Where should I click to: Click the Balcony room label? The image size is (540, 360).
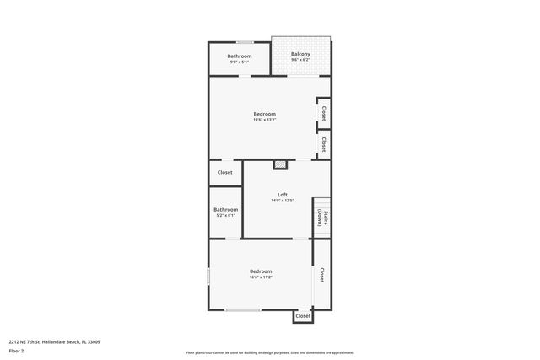tap(300, 54)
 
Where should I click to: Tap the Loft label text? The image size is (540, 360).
tap(283, 195)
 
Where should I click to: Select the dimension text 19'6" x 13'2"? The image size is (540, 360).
tap(264, 120)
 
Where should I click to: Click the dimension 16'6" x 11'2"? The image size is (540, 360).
tap(260, 277)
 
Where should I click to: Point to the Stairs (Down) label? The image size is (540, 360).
tap(321, 218)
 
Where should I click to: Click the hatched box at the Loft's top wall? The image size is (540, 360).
tap(281, 164)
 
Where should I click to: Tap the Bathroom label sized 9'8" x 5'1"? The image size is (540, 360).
tap(240, 56)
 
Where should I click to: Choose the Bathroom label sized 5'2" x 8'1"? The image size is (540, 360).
tap(225, 209)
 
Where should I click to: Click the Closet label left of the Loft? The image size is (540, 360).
tap(225, 172)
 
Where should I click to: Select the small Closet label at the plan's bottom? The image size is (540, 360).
tap(302, 316)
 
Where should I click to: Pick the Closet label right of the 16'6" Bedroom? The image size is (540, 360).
tap(321, 275)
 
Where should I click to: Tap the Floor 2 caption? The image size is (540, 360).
tap(17, 351)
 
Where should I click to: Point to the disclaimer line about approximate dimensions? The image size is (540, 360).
tap(269, 352)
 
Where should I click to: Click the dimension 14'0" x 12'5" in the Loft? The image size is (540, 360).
tap(283, 201)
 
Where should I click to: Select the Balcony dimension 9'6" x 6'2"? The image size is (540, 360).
tap(300, 60)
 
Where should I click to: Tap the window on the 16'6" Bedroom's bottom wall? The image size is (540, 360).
tap(242, 310)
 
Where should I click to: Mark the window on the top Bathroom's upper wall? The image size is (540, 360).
tap(245, 42)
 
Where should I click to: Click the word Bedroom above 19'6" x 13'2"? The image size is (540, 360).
tap(264, 114)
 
